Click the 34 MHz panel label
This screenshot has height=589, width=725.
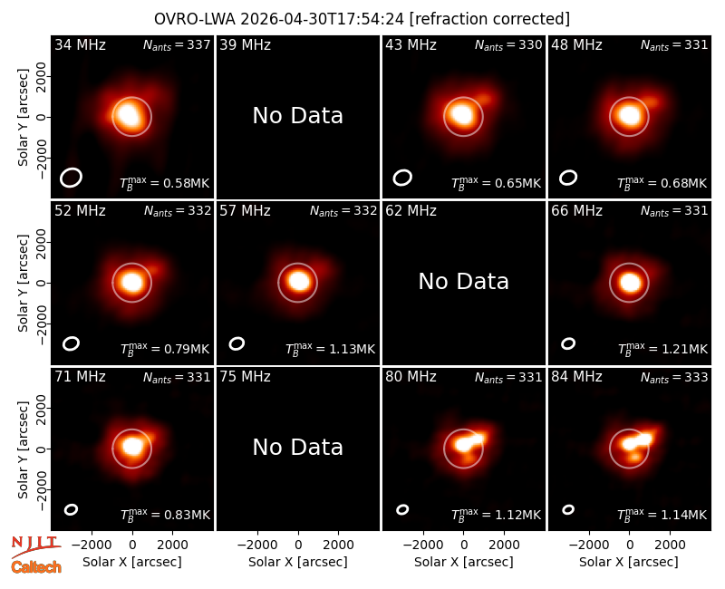point(80,44)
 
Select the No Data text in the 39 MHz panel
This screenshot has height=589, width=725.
point(298,116)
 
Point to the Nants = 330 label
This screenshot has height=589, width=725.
point(508,44)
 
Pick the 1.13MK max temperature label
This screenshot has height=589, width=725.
point(352,349)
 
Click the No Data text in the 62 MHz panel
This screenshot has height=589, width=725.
point(464,282)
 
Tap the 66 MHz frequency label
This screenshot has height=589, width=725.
point(576,211)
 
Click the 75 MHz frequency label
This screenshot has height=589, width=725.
point(245,377)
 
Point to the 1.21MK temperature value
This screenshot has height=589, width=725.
point(684,349)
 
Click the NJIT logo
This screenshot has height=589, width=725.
point(35,546)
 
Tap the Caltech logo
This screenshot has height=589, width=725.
point(36,567)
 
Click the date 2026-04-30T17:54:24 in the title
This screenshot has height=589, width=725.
point(323,19)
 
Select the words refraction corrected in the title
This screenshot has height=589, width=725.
point(489,19)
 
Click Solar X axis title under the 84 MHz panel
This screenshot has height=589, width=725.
point(629,562)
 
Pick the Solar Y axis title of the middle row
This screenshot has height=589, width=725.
point(24,283)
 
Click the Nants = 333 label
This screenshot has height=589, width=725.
point(674,377)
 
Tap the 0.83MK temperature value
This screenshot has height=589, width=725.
point(187,515)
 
